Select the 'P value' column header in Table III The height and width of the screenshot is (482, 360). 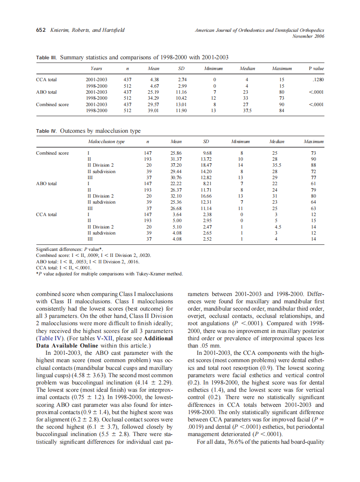pyautogui.click(x=316, y=69)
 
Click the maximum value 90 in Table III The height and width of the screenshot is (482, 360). pyautogui.click(x=282, y=104)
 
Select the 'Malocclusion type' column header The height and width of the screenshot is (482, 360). pyautogui.click(x=106, y=142)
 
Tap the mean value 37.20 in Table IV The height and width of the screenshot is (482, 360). pyautogui.click(x=176, y=165)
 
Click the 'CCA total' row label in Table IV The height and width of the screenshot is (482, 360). pyautogui.click(x=46, y=214)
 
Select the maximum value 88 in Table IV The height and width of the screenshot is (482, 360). pyautogui.click(x=313, y=165)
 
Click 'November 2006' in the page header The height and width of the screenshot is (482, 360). pyautogui.click(x=308, y=37)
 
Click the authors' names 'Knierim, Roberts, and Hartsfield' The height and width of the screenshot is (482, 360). pyautogui.click(x=87, y=30)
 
